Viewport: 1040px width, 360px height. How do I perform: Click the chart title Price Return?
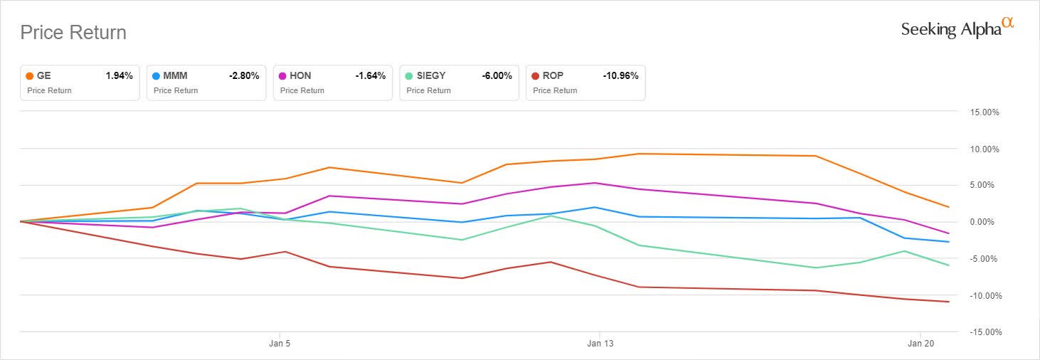73,33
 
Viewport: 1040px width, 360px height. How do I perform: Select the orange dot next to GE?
30,75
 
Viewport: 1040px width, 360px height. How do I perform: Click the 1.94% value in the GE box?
119,75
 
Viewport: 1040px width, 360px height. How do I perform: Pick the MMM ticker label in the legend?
175,75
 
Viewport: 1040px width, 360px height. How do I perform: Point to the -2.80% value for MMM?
243,75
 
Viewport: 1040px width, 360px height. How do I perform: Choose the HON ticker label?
301,75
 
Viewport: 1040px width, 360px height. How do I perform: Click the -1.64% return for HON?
370,75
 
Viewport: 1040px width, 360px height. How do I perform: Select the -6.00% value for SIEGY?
497,75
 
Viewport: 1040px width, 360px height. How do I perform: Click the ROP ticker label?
553,75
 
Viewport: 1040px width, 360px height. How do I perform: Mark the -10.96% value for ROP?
620,75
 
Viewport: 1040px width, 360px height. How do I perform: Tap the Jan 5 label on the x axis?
280,342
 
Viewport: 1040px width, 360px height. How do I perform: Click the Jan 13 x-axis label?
600,342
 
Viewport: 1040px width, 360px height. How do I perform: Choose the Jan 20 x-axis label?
921,342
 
